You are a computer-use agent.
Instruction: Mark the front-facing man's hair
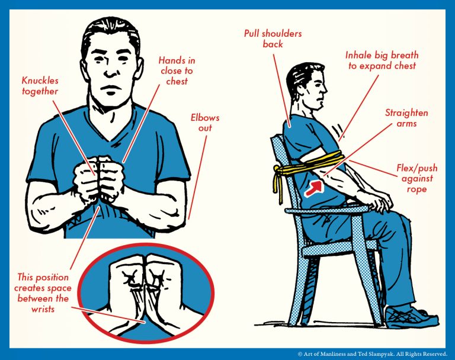click(110, 33)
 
